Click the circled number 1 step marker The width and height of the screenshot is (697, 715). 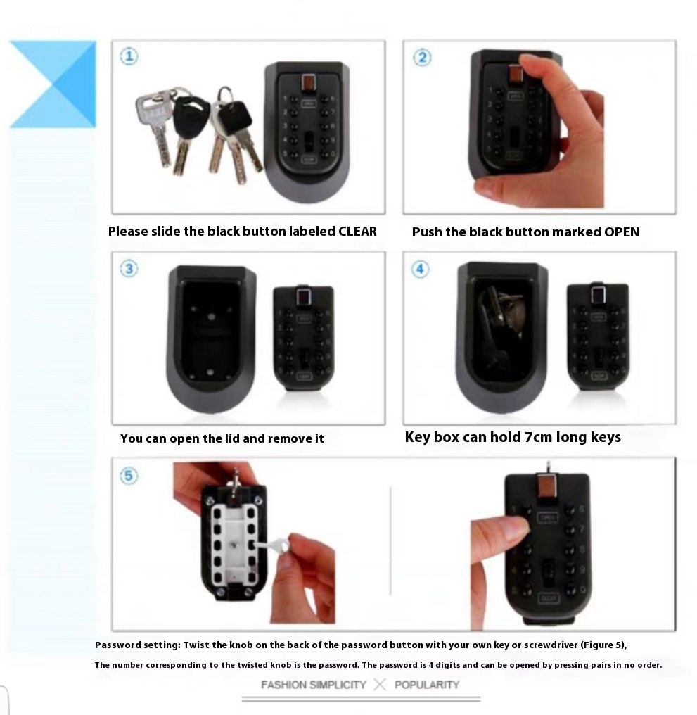click(x=129, y=56)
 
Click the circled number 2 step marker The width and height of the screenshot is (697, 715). click(x=422, y=58)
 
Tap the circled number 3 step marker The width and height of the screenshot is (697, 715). click(x=129, y=269)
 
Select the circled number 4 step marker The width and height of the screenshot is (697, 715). click(x=420, y=269)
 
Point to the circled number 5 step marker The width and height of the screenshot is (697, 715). click(x=129, y=476)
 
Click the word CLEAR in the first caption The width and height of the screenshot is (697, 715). click(x=357, y=232)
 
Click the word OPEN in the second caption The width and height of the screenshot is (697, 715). click(x=621, y=232)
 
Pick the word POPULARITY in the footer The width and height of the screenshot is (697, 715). click(x=427, y=685)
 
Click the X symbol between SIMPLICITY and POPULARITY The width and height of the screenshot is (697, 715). click(x=380, y=685)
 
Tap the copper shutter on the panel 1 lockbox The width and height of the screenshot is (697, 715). click(x=308, y=84)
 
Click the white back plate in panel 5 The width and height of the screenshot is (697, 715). click(x=234, y=544)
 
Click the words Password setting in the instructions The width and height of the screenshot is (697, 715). click(x=138, y=645)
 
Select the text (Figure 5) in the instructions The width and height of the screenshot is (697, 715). click(x=603, y=645)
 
